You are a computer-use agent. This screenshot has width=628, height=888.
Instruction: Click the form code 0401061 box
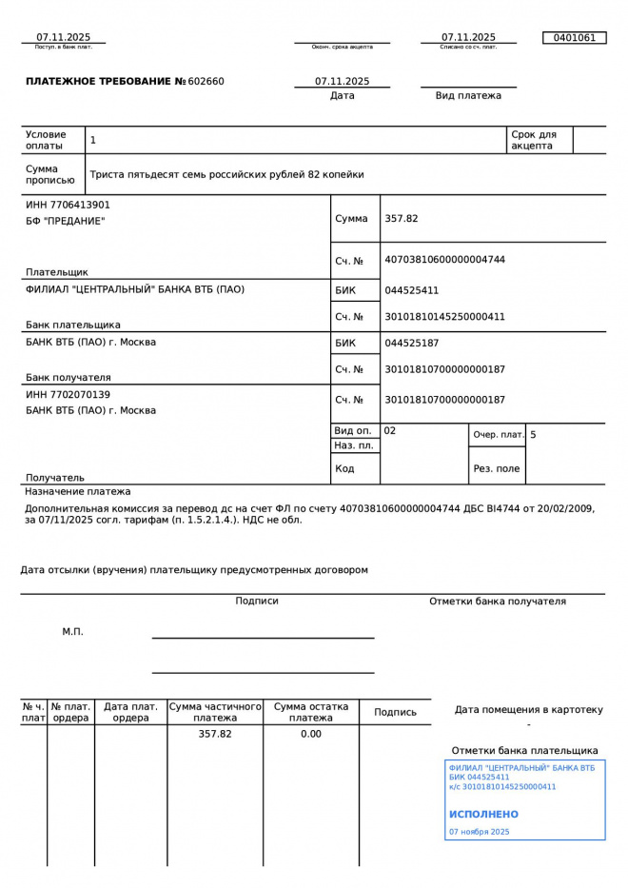point(574,38)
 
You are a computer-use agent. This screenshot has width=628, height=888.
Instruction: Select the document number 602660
point(206,82)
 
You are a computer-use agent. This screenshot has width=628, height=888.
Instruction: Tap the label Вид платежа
point(468,96)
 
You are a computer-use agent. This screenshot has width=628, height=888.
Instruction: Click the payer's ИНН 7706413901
point(68,205)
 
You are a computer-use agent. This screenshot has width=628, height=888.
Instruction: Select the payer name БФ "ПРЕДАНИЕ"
point(65,222)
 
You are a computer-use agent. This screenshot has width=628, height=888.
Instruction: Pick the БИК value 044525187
point(412,343)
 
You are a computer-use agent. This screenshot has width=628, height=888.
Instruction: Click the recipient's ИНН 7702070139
point(68,394)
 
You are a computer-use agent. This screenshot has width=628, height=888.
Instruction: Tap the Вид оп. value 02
point(390,431)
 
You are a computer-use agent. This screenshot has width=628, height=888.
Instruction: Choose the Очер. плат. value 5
point(533,435)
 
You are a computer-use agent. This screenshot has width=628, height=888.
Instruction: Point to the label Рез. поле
point(497,469)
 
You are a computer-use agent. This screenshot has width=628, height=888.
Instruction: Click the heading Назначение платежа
point(78,492)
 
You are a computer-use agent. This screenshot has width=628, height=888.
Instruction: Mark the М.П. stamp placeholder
point(73,632)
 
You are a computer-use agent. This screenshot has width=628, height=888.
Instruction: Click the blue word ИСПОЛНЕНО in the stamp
point(483,815)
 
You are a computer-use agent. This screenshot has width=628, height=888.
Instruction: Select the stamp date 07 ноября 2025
point(479,832)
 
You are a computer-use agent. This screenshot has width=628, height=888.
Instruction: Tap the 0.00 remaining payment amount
point(311,735)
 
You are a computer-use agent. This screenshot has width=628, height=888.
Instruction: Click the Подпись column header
point(395,712)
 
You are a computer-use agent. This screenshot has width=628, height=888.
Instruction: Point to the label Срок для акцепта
point(533,140)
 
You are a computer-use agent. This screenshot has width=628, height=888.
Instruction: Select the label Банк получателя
point(69,377)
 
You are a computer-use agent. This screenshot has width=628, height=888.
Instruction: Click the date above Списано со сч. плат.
point(468,37)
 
